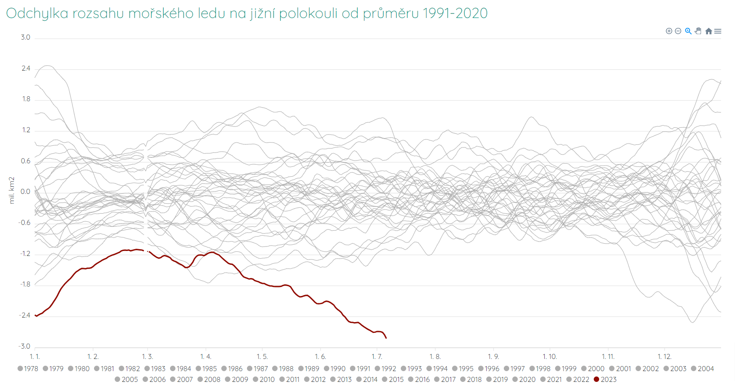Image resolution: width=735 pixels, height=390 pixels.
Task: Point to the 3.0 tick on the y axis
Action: [26, 37]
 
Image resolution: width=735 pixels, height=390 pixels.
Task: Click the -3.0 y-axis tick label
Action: [24, 346]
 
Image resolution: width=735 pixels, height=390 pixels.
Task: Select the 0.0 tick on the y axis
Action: [26, 192]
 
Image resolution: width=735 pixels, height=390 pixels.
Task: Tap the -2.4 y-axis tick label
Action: [24, 315]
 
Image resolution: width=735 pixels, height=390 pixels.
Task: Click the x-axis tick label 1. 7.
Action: [377, 357]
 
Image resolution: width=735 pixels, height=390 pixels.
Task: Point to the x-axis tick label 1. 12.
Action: [664, 357]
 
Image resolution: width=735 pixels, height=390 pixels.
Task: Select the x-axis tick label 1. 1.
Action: [35, 357]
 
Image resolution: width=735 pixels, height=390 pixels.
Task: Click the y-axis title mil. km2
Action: [12, 190]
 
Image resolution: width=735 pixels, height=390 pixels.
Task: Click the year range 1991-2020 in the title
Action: [455, 13]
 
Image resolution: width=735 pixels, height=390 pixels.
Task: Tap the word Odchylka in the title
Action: [37, 13]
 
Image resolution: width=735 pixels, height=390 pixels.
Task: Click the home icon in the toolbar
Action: [708, 31]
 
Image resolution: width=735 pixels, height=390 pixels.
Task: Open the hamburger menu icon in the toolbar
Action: [718, 31]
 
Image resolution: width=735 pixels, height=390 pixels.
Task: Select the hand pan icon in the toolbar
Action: [698, 31]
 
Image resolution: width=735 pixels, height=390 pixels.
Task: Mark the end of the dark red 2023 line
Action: [386, 338]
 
